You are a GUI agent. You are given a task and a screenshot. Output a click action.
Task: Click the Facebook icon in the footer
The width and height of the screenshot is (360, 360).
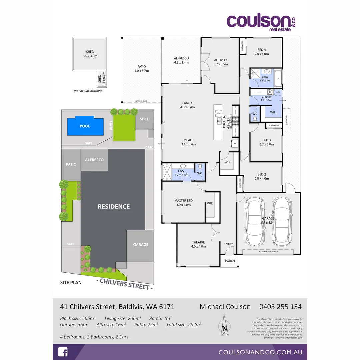63,352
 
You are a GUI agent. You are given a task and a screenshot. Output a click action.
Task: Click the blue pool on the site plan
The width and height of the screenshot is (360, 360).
85,126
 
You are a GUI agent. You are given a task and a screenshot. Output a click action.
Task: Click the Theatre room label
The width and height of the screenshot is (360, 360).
198,244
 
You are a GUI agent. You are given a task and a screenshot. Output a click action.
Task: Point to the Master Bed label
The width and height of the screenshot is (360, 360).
183,203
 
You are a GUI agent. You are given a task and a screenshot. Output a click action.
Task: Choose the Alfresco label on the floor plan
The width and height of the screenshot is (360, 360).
181,60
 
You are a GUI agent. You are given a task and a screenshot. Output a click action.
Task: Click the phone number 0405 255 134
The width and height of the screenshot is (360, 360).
280,307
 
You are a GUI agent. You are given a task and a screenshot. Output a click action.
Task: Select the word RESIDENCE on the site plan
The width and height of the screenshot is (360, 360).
114,207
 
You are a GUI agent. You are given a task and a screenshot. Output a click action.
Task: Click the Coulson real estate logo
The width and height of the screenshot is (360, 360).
261,22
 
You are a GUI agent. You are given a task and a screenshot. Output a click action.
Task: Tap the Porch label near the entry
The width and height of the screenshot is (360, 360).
230,261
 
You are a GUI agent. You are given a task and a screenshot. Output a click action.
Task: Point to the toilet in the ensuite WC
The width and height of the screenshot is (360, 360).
200,166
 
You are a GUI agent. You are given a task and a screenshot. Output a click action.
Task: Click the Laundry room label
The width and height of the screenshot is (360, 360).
266,99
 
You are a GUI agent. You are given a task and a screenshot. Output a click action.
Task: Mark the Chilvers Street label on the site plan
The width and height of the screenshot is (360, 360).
125,284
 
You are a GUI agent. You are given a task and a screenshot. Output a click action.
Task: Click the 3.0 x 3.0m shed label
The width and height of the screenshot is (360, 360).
90,54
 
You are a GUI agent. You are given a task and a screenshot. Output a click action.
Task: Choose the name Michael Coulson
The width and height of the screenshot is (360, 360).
225,307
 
